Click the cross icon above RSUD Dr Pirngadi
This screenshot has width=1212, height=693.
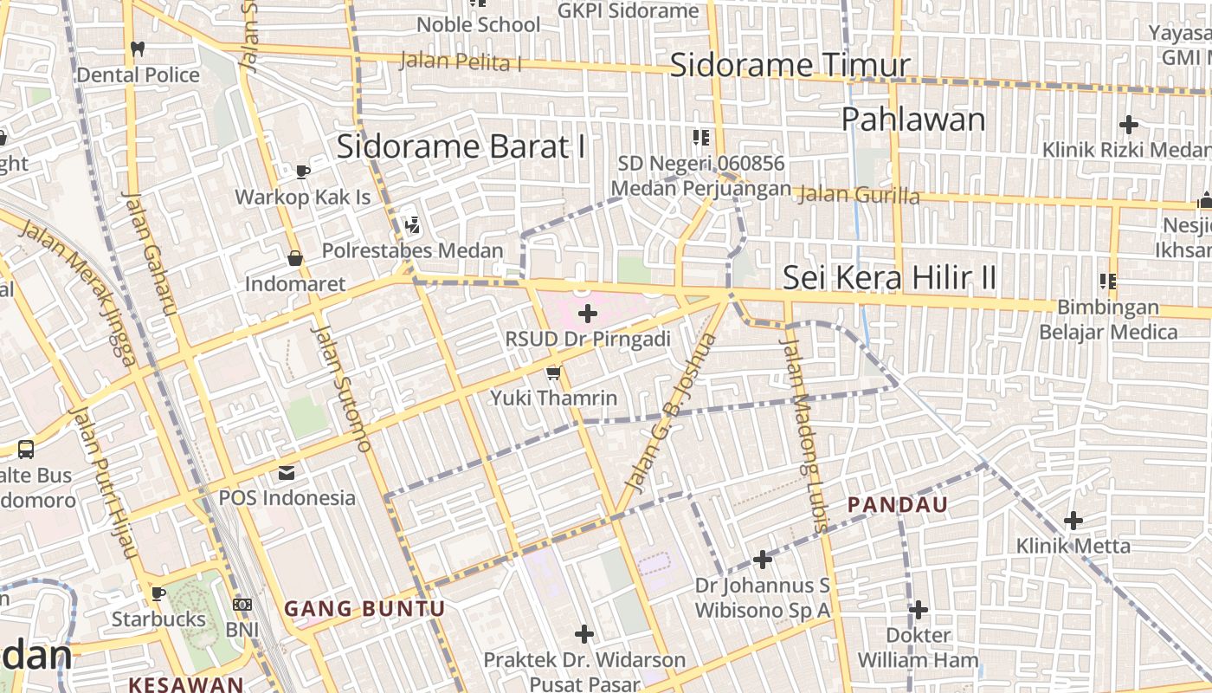tap(588, 313)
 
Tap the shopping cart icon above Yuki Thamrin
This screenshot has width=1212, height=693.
tap(553, 372)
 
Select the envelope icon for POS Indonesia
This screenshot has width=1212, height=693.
tap(287, 473)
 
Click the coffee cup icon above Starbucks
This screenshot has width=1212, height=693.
tap(158, 593)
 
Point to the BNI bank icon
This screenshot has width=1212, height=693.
tap(242, 604)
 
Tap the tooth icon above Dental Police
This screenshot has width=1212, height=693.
tap(137, 49)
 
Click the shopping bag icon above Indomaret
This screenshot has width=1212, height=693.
tap(295, 258)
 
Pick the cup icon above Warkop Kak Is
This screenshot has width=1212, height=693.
tap(302, 172)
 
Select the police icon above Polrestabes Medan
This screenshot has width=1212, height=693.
tap(412, 225)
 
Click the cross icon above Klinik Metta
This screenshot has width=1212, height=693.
tap(1073, 521)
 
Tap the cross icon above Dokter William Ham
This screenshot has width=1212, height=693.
tap(919, 610)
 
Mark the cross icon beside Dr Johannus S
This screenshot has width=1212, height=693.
tap(763, 560)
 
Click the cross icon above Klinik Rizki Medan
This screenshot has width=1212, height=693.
tap(1128, 124)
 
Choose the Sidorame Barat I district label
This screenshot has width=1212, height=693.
tap(461, 146)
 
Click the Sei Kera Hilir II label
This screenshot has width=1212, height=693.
tap(889, 278)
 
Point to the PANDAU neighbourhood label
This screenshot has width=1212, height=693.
tap(897, 504)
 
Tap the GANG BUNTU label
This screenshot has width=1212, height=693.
tap(364, 609)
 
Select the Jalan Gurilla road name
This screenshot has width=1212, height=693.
tap(857, 195)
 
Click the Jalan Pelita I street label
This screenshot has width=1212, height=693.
tap(461, 62)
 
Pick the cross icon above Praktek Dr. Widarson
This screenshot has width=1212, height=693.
tap(584, 634)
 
